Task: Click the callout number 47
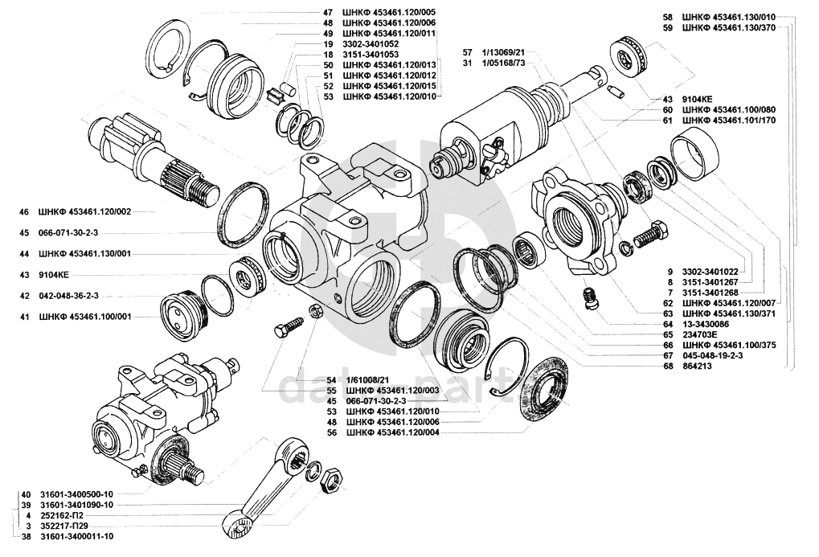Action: pos(327,13)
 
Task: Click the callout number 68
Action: pos(669,367)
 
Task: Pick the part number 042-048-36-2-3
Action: pos(68,295)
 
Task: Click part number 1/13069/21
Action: pos(504,51)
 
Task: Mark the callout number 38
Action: pos(27,535)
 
